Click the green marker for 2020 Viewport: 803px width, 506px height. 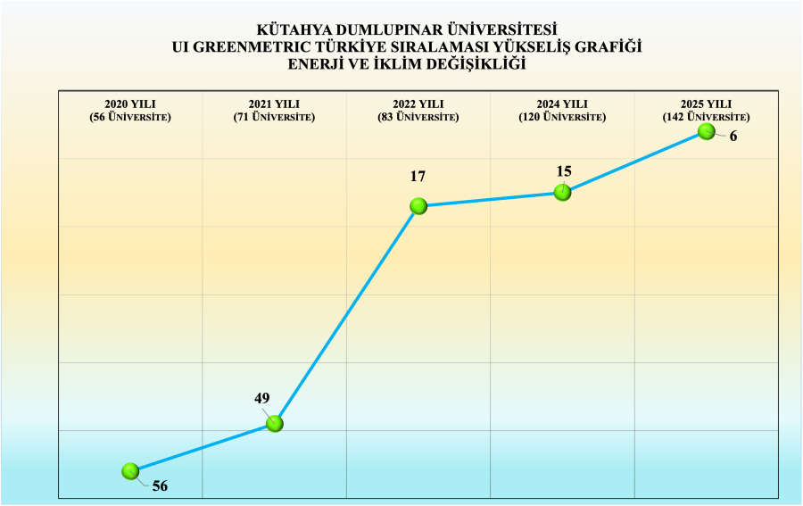[x=130, y=470]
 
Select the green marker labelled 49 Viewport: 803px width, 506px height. [x=275, y=424]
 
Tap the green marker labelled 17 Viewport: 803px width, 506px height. [x=418, y=206]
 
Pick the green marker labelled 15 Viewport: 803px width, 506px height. [x=562, y=192]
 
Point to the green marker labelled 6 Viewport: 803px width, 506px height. [x=706, y=131]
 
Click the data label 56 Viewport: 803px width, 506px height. [x=160, y=486]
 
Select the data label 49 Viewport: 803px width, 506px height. [x=261, y=399]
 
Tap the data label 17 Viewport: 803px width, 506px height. [x=418, y=177]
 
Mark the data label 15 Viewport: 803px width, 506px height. [x=563, y=171]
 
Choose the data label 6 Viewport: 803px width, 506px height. [x=733, y=137]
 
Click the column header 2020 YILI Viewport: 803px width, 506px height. [x=130, y=104]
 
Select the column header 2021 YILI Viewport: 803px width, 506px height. [x=274, y=104]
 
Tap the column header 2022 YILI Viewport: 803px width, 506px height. [x=418, y=104]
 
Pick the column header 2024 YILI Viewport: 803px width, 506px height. [x=562, y=104]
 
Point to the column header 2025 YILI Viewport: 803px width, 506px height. [x=706, y=104]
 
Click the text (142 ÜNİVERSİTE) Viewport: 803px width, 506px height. [x=706, y=117]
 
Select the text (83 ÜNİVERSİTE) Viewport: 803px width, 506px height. [x=418, y=117]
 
